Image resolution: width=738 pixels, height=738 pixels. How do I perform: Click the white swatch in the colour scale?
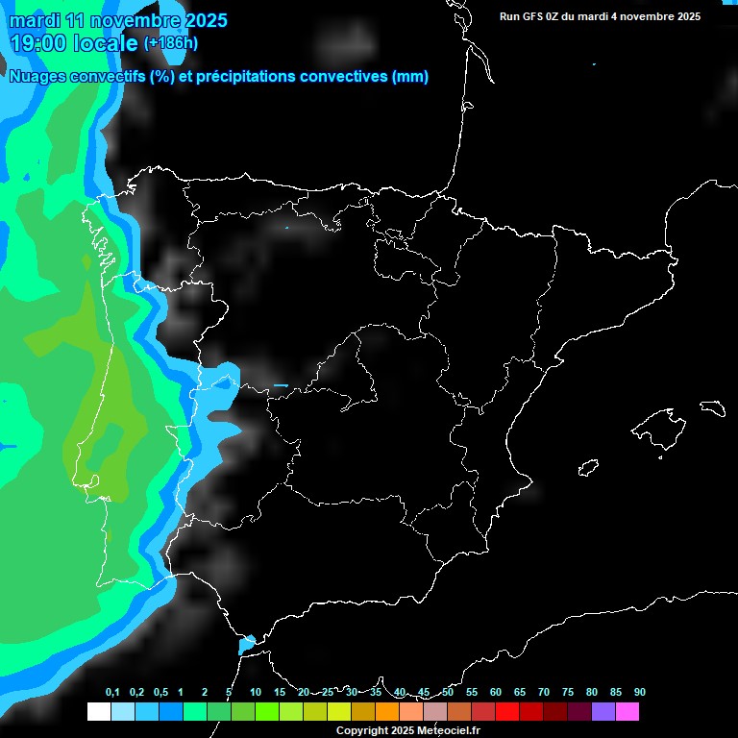98,711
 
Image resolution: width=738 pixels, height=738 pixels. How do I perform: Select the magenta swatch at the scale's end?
627,711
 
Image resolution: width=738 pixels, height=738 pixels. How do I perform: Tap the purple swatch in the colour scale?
603,711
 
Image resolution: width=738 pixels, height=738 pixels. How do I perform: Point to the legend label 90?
640,692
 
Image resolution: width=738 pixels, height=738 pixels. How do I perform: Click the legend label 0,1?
112,692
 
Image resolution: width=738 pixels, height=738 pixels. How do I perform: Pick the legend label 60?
496,692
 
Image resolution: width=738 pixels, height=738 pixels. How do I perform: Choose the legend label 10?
256,692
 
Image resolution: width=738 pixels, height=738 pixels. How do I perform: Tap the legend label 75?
568,692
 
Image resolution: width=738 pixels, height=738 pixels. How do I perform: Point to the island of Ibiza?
589,468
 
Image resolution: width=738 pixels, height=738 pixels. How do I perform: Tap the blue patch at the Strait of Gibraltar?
246,644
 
